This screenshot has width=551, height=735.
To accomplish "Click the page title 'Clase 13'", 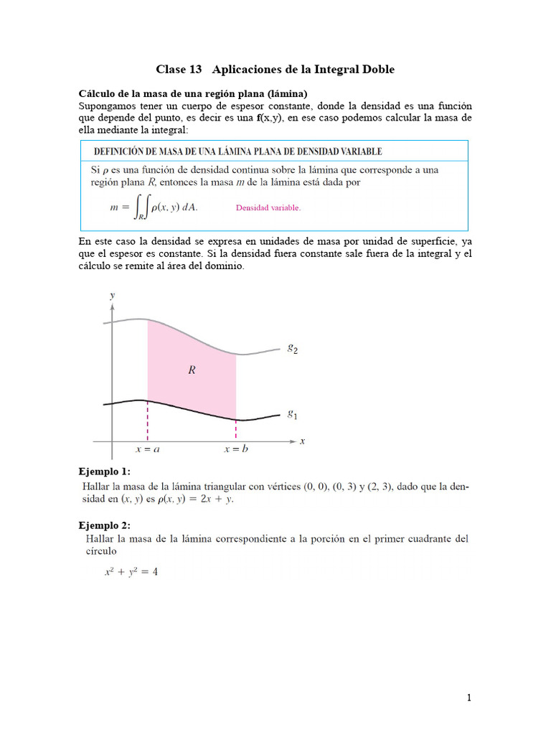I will coord(179,70).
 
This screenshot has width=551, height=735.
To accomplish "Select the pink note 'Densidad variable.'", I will coord(268,208).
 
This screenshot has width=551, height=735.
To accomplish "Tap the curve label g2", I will coord(293,349).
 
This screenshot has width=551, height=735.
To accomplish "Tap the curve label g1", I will coord(293,413).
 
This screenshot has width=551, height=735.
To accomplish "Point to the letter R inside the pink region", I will coord(192,370).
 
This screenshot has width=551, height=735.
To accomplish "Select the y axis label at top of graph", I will coord(111,295).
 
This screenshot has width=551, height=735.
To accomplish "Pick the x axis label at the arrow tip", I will coord(302,441).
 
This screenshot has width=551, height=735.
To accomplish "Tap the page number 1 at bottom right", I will coord(469,697).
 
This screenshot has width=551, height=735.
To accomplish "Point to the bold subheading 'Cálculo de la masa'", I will coord(136,94).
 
